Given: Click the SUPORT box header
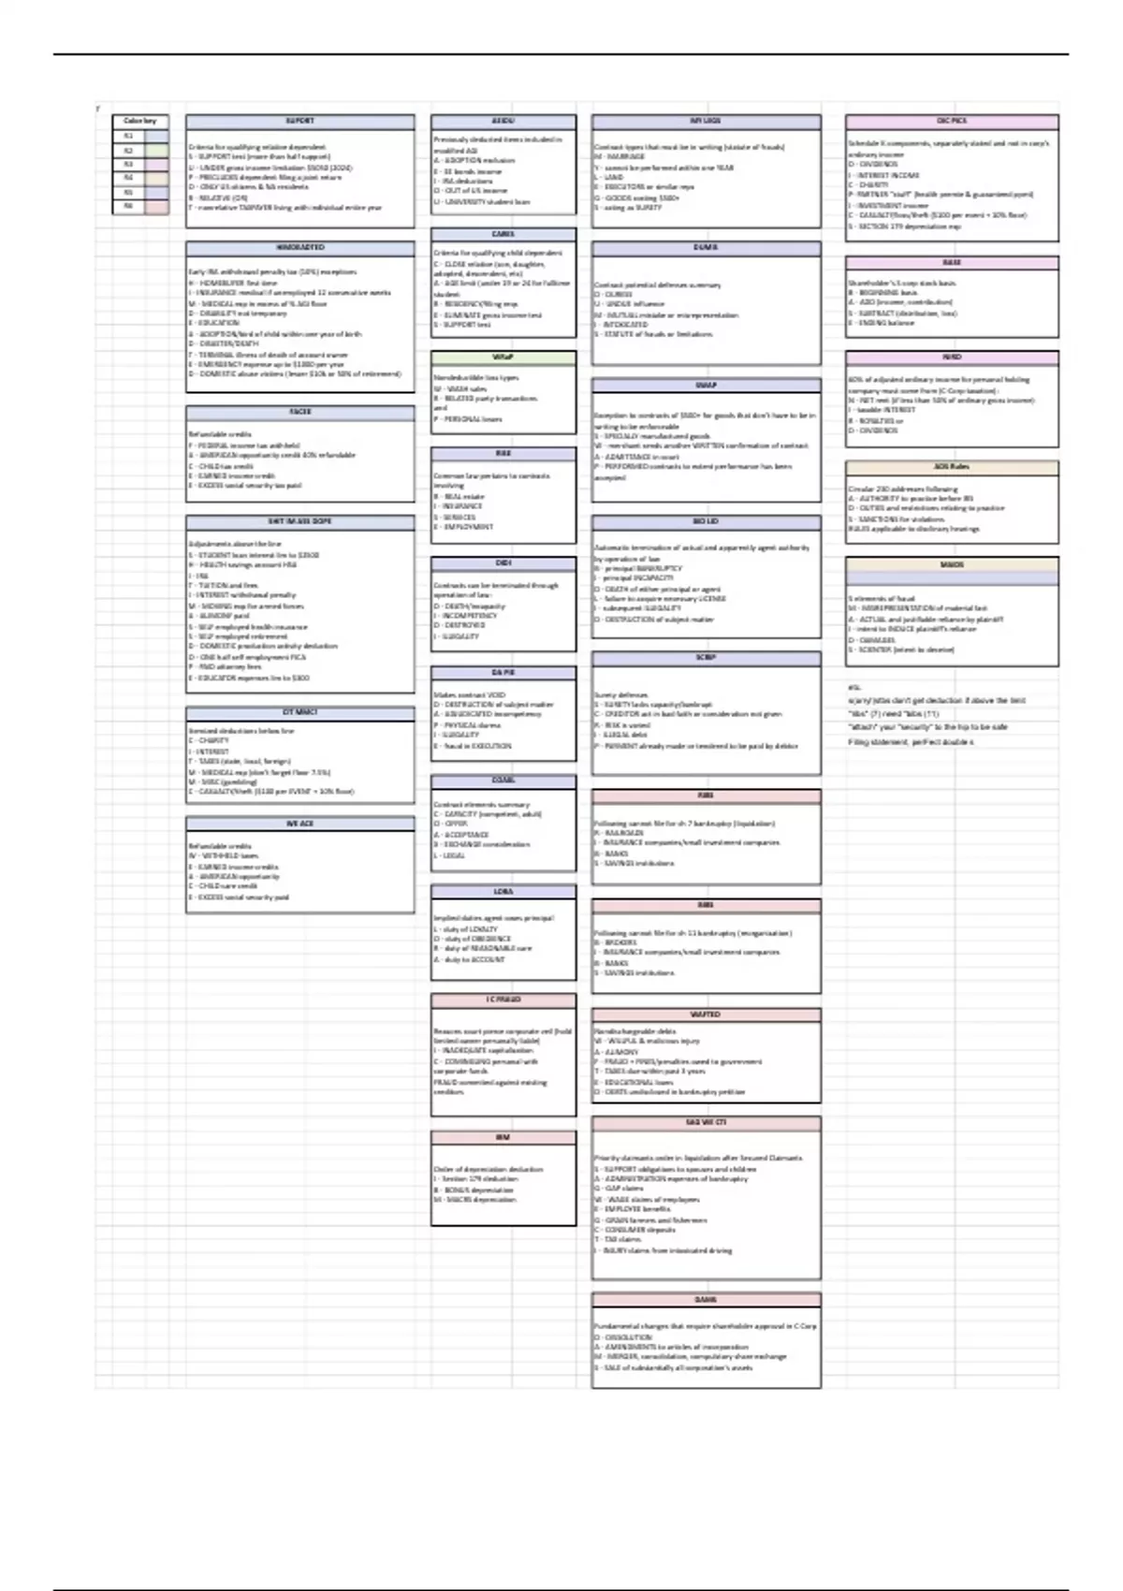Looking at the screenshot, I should (299, 122).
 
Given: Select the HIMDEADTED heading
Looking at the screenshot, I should (299, 248).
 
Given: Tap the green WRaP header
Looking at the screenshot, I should (503, 358).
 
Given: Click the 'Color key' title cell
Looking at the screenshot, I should (140, 121).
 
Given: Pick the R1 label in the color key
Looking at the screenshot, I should (129, 136).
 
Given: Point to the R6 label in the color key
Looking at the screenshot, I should (129, 206).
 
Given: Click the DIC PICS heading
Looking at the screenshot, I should (952, 122).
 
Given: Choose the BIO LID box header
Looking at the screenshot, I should (706, 521).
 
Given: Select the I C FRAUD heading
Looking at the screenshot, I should (503, 1000).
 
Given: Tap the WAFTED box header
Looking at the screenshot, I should (706, 1014).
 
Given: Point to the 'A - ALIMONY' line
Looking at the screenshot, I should (618, 1052).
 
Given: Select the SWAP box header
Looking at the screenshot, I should (706, 385).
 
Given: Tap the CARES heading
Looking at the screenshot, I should (503, 234).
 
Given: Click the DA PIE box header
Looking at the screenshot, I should (503, 673).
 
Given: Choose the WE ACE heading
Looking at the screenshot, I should (299, 824).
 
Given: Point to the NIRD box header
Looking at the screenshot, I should (952, 358).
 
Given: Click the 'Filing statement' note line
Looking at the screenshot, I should (911, 742).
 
